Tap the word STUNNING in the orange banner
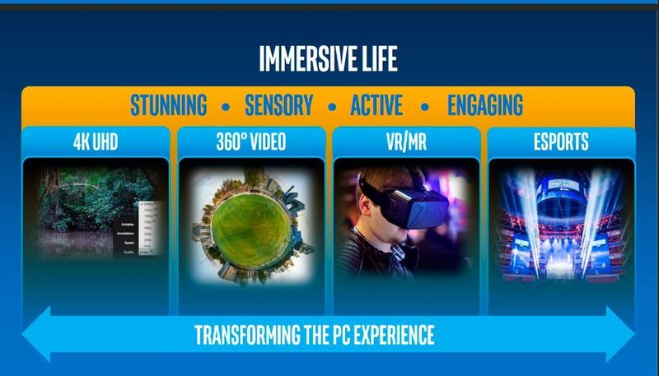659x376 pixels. (168, 105)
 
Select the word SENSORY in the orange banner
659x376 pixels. (278, 105)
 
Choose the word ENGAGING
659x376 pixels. (485, 105)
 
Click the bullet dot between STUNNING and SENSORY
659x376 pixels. (226, 107)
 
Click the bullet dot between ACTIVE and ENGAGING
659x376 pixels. (425, 107)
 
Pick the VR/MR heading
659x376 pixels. (405, 142)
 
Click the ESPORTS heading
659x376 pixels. (560, 142)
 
